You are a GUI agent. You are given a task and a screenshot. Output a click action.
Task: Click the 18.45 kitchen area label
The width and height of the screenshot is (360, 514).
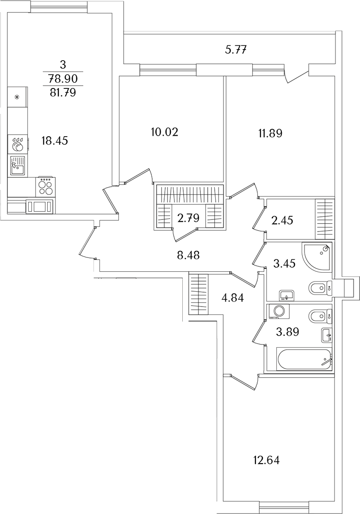coord(55,141)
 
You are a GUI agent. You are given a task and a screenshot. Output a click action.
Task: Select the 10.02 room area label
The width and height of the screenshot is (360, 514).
coord(165,132)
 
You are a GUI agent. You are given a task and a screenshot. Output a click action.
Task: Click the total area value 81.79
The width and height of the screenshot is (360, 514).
coord(62,93)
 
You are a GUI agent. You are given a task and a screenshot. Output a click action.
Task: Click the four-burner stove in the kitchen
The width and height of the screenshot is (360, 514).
coord(45,188)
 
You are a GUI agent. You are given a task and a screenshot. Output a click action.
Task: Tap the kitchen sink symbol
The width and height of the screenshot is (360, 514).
coord(17,165)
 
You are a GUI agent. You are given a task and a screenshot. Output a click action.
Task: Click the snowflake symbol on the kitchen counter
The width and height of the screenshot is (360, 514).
coord(17,97)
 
